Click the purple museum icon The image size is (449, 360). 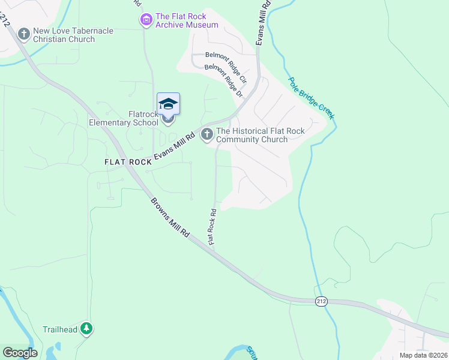146,20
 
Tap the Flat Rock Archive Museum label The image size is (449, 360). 187,20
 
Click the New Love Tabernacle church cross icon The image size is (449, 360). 24,34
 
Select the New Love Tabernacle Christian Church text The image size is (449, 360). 64,35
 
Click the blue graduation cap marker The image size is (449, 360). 168,104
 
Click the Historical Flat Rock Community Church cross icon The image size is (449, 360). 207,134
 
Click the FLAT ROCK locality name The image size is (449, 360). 127,162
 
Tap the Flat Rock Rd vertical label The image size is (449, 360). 212,226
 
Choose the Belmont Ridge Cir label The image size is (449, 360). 226,67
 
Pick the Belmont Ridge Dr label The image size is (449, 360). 223,82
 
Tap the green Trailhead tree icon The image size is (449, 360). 87,328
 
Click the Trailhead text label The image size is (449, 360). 60,329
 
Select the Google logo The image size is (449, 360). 20,353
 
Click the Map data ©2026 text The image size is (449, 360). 423,355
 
